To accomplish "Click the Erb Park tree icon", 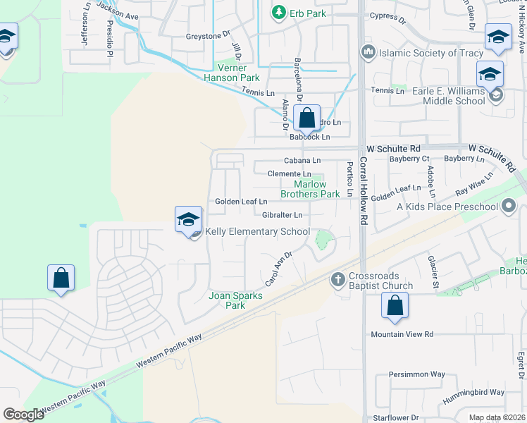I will [x=280, y=12].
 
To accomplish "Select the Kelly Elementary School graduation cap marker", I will [x=189, y=220].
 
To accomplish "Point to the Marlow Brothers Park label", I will [x=310, y=189].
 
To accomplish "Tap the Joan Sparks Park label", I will [x=235, y=300].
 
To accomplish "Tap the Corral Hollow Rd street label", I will [x=364, y=191].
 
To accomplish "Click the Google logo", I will [x=23, y=415].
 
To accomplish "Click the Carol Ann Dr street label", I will [x=278, y=269].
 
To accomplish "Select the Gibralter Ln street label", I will [x=282, y=215].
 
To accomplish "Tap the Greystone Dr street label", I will [x=208, y=35].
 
